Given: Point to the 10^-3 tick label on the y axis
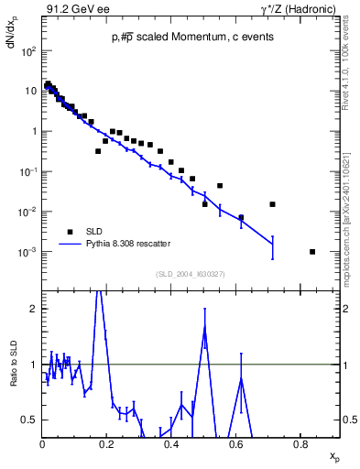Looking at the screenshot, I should pos(28,252).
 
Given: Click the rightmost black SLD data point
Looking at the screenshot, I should pos(312,251).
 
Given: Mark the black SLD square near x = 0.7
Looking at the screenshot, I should pos(272,204).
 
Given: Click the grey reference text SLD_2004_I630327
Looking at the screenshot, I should pos(190,274).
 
